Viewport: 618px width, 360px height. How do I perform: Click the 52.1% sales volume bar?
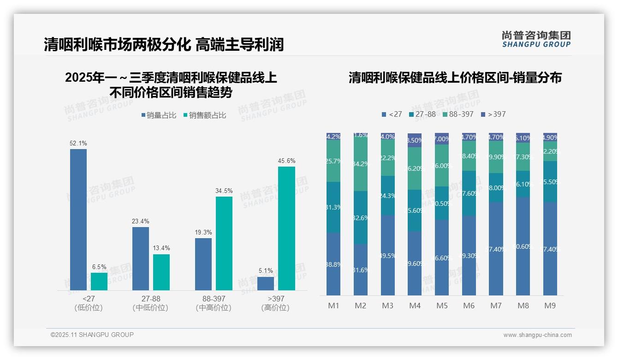[x=78, y=219]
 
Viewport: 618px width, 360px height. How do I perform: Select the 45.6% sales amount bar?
[x=286, y=228]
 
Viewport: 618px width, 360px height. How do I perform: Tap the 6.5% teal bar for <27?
[x=99, y=281]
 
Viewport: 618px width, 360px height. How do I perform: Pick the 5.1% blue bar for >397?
[x=266, y=283]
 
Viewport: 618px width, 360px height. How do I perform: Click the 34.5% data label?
[x=224, y=191]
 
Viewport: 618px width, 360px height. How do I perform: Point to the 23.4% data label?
[x=141, y=221]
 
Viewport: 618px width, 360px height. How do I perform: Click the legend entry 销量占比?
[x=159, y=115]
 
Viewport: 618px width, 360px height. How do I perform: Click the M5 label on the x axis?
[x=442, y=306]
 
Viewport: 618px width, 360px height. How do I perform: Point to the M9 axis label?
[x=550, y=306]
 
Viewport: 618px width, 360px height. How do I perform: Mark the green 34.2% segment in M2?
[x=361, y=164]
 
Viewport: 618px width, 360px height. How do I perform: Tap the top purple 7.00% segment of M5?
[x=442, y=138]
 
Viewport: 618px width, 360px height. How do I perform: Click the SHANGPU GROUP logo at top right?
[x=536, y=39]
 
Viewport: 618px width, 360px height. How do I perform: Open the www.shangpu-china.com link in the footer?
[x=537, y=335]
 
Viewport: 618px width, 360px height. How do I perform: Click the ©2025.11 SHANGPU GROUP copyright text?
[x=92, y=335]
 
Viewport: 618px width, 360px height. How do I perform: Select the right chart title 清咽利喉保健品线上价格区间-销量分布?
[x=455, y=78]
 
